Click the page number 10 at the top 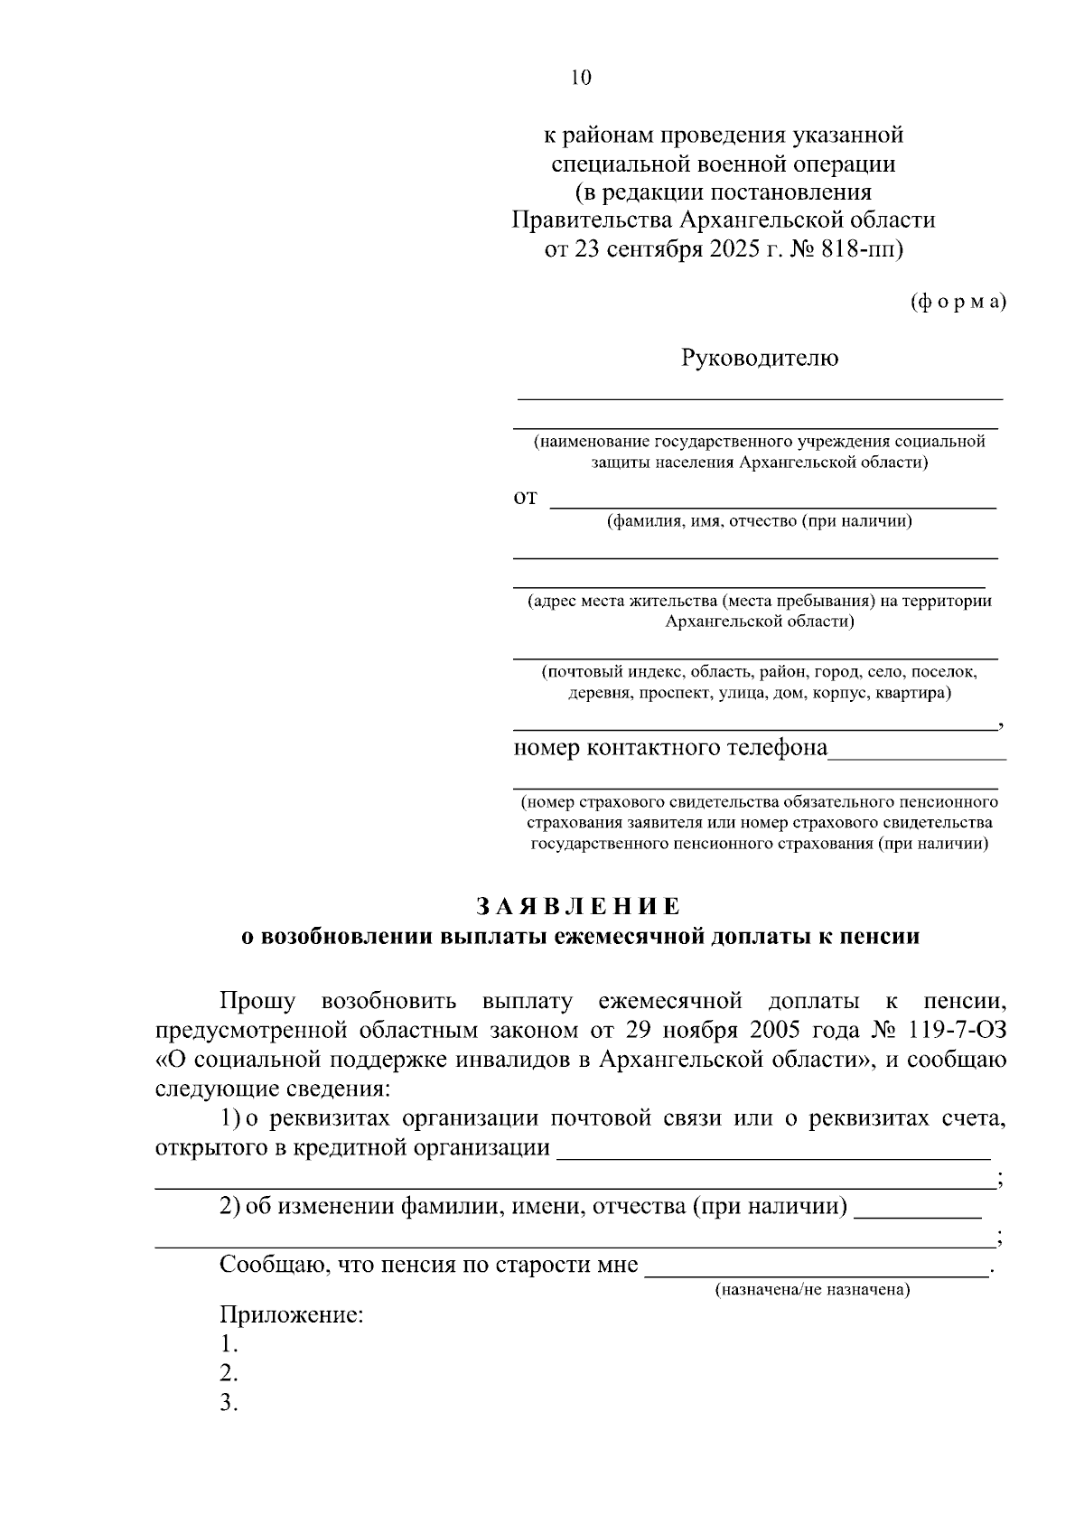coord(579,78)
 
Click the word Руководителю coord(759,359)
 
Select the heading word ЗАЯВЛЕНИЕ coord(579,906)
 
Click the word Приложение coord(291,1314)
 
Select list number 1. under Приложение coord(229,1344)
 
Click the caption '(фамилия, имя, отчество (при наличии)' coord(759,521)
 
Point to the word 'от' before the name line coord(525,498)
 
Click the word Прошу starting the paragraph coord(257,1001)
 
